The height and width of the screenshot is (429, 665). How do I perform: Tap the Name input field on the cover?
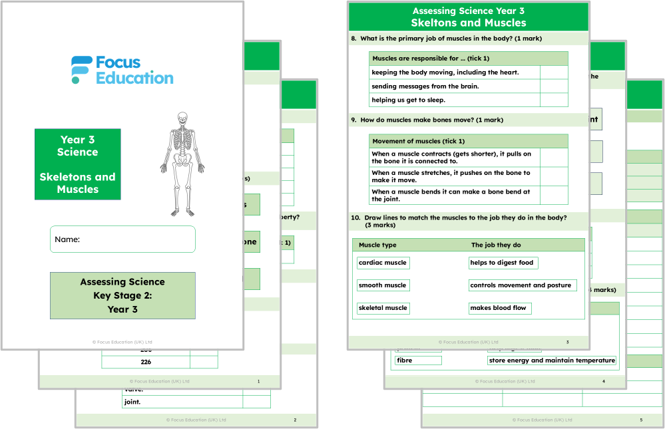click(x=122, y=239)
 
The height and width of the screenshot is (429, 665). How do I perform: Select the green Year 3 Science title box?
click(x=78, y=164)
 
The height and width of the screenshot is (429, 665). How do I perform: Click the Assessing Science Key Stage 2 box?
click(x=122, y=295)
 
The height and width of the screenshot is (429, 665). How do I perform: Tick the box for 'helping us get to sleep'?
click(x=554, y=100)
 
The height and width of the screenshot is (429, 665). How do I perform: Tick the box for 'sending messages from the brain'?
click(x=554, y=86)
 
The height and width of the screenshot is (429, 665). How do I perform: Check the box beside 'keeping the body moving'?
click(x=554, y=72)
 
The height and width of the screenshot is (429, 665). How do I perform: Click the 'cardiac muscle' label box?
click(x=383, y=263)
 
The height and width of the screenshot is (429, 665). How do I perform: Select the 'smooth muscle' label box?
click(x=383, y=285)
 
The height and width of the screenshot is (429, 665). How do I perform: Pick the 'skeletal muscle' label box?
click(x=383, y=308)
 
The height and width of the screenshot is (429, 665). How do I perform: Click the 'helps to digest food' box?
click(x=503, y=263)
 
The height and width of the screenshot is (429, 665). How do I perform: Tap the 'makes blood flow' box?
click(x=499, y=308)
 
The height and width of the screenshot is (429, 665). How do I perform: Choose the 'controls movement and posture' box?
click(x=521, y=285)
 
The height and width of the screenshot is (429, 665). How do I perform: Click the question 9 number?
click(x=354, y=120)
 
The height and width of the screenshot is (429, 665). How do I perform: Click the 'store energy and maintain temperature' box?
click(x=552, y=360)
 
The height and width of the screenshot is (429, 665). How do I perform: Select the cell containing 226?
click(x=146, y=362)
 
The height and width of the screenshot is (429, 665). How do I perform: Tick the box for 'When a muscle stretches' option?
click(x=554, y=176)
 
